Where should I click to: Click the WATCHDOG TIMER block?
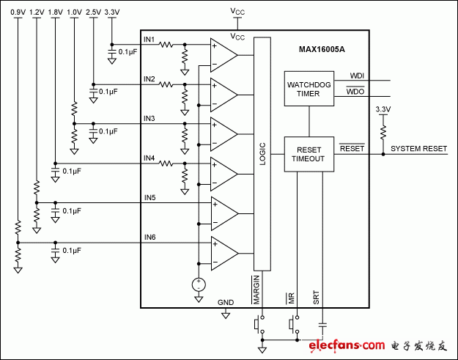309,89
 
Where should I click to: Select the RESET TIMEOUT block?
309,153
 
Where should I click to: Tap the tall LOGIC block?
262,154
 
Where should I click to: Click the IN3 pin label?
149,118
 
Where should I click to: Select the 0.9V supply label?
18,12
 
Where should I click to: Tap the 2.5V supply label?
93,12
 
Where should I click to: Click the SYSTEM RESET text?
418,148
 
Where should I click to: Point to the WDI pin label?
357,75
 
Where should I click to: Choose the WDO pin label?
355,92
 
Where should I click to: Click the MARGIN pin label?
258,290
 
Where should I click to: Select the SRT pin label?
317,297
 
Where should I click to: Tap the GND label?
226,302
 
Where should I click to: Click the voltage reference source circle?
198,284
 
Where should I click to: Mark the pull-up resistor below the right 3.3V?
382,132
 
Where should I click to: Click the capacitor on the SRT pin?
322,323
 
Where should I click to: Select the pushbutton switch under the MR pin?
295,323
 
